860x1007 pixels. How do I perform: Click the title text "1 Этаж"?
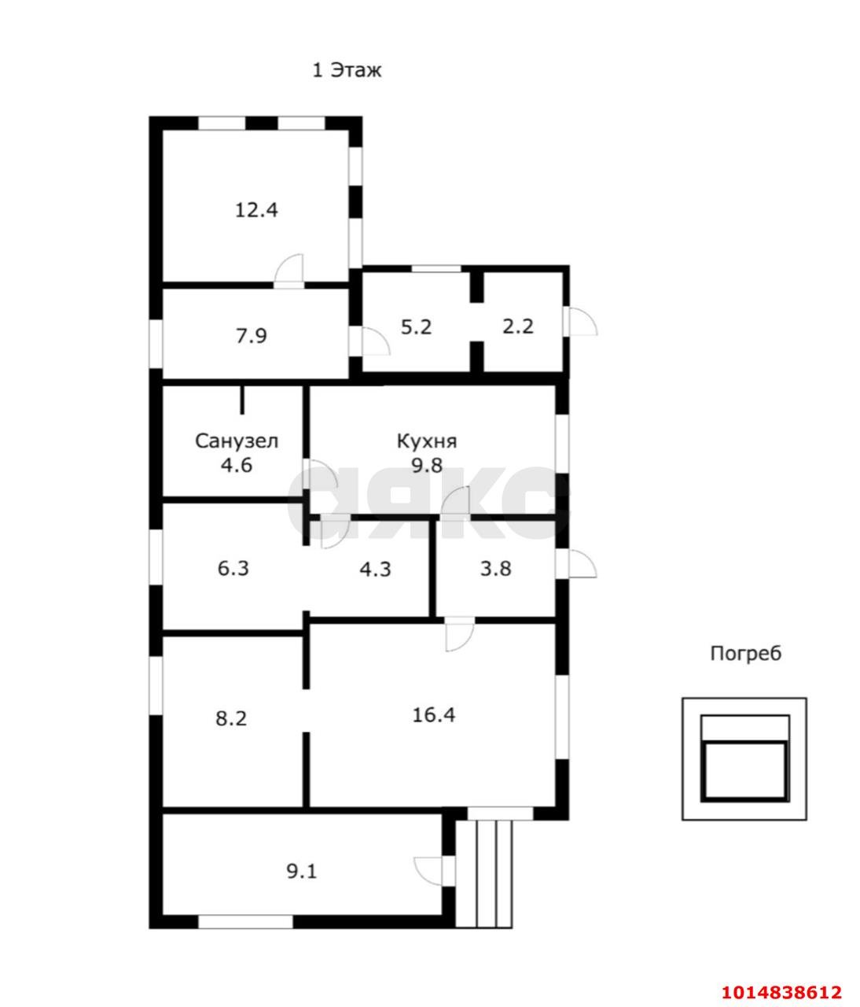pyautogui.click(x=347, y=70)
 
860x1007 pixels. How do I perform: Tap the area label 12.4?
pyautogui.click(x=257, y=210)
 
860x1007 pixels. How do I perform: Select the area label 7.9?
pyautogui.click(x=252, y=336)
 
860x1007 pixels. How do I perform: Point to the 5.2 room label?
pyautogui.click(x=417, y=326)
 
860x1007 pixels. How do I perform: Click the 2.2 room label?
pyautogui.click(x=518, y=326)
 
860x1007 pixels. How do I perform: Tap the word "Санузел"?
pyautogui.click(x=237, y=441)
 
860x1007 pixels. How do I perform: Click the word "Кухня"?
pyautogui.click(x=427, y=441)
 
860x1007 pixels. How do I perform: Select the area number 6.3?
pyautogui.click(x=233, y=567)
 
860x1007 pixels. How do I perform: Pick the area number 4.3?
pyautogui.click(x=374, y=567)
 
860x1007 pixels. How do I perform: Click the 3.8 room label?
pyautogui.click(x=495, y=567)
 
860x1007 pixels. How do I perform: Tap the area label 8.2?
pyautogui.click(x=231, y=717)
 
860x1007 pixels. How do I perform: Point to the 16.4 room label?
pyautogui.click(x=434, y=715)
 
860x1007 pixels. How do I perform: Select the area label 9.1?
pyautogui.click(x=301, y=871)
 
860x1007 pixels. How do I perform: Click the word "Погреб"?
pyautogui.click(x=746, y=653)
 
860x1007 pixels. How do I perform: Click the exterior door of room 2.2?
pyautogui.click(x=582, y=322)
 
